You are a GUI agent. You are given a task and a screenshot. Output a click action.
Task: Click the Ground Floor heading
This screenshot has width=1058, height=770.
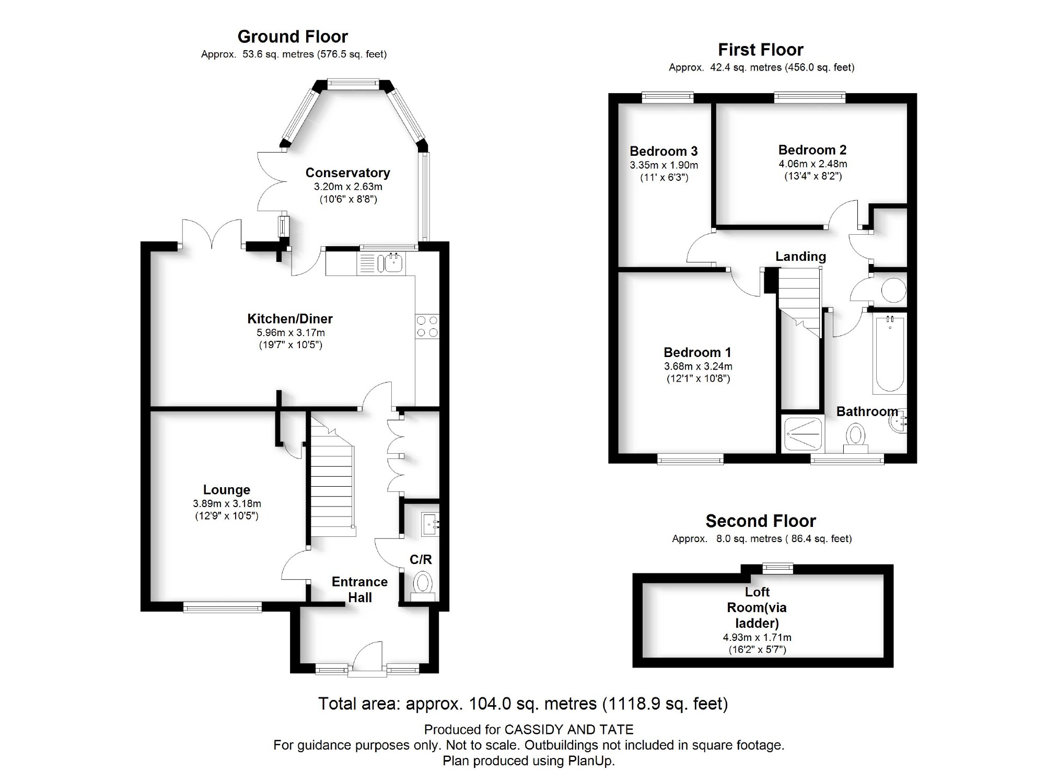pos(293,37)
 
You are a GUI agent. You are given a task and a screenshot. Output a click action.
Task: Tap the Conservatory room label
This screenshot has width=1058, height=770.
pos(347,173)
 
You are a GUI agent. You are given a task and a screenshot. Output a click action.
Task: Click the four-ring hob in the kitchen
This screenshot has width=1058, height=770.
pos(427,327)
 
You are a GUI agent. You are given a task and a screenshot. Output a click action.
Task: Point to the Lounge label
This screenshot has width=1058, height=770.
pos(227,490)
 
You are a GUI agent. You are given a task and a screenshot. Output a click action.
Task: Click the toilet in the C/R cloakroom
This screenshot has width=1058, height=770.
pos(423,583)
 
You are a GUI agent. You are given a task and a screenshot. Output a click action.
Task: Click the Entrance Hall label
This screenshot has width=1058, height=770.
pos(359,590)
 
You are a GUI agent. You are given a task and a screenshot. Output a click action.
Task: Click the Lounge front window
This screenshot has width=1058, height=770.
pos(222,607)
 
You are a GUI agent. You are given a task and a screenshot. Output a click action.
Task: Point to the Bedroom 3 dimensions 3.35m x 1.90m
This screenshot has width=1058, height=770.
pos(664,165)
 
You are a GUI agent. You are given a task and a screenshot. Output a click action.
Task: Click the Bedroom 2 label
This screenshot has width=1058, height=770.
pos(812,150)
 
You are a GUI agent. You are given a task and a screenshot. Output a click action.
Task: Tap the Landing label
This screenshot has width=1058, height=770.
pos(800,257)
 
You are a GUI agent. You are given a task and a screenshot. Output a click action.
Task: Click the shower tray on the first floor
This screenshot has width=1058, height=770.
pos(803,433)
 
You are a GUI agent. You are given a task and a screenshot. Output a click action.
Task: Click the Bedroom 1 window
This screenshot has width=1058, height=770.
pos(690,459)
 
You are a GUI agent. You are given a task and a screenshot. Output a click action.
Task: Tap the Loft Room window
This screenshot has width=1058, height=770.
pos(777,568)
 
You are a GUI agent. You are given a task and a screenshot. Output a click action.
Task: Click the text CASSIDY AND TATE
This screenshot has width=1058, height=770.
pos(568,730)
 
